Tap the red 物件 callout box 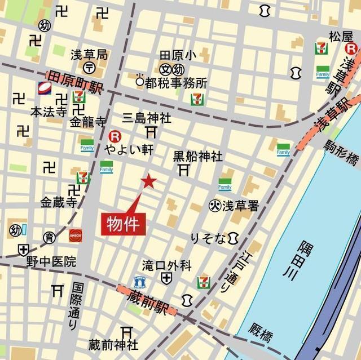[123, 223]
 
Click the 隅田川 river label [306, 262]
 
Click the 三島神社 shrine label [147, 118]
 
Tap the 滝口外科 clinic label [167, 265]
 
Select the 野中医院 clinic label [51, 262]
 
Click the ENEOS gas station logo [76, 235]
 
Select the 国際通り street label [76, 306]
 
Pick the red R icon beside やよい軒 [115, 135]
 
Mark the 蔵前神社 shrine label [113, 344]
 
